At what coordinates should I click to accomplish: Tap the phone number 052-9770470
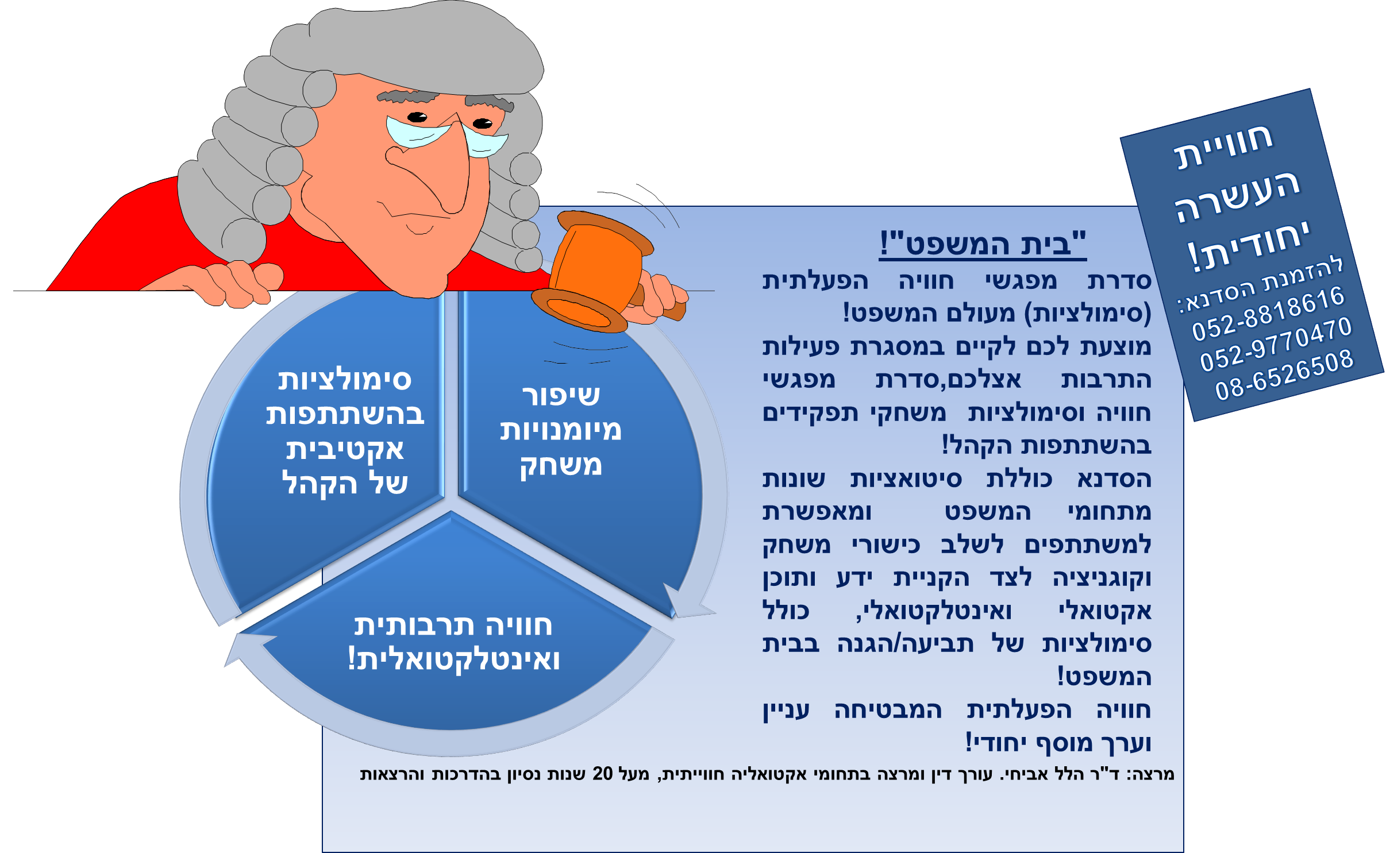1276,344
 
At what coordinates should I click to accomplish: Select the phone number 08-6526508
1285,375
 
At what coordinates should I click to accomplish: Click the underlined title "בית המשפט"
983,243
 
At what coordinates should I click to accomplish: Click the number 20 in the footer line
603,774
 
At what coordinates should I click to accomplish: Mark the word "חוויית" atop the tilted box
1223,146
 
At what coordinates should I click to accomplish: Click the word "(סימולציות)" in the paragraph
1088,314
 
